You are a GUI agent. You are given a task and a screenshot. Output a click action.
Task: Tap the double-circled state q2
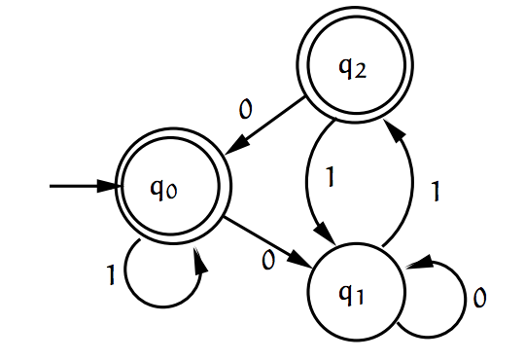[352, 68]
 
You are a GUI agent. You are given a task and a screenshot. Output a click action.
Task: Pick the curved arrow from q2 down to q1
[308, 180]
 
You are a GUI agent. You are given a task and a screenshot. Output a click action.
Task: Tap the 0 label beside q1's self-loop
[479, 298]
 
